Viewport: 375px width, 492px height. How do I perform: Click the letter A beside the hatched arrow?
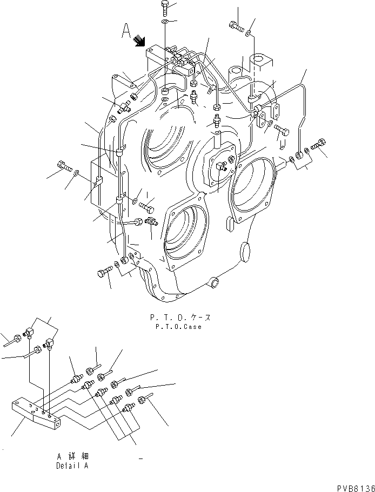pyautogui.click(x=125, y=33)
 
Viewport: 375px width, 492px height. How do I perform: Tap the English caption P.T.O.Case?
pyautogui.click(x=178, y=327)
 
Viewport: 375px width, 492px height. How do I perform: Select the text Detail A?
pyautogui.click(x=72, y=465)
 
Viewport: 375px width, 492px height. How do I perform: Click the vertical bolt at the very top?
pyautogui.click(x=165, y=8)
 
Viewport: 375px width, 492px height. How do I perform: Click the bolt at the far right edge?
pyautogui.click(x=318, y=144)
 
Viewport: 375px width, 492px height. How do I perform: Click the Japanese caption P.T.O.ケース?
pyautogui.click(x=178, y=318)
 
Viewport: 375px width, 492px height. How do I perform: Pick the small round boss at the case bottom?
pyautogui.click(x=215, y=282)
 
